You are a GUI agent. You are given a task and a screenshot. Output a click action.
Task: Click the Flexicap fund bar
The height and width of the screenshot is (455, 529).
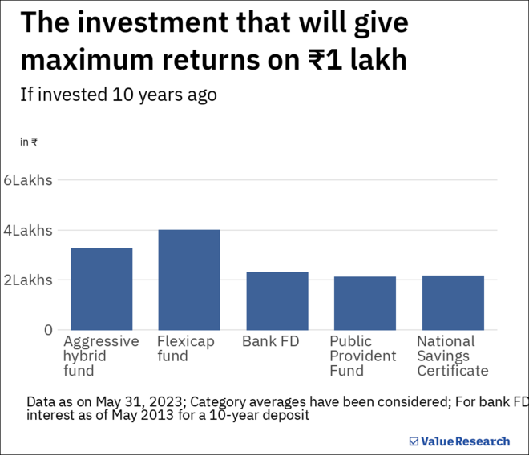pos(189,280)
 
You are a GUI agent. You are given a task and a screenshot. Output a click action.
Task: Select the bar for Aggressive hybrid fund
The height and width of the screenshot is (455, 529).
pos(102,289)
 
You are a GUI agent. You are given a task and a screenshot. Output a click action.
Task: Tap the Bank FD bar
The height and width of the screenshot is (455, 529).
pos(277,301)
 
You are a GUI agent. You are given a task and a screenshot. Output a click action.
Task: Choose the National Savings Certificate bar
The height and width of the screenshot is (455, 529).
pos(453,303)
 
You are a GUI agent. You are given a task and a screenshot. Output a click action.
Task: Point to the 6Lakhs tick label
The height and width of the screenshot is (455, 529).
pos(28,180)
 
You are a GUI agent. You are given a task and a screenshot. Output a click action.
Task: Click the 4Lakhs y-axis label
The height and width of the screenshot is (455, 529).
pos(28,231)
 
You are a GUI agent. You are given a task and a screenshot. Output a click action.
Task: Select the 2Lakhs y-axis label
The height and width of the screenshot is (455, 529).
pos(28,280)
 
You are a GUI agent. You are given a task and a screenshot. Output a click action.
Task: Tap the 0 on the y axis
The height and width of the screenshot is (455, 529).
pos(48,330)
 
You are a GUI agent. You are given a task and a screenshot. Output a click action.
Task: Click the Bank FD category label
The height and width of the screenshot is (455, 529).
pos(270,342)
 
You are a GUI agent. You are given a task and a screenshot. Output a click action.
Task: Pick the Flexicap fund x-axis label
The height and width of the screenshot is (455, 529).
pos(186,348)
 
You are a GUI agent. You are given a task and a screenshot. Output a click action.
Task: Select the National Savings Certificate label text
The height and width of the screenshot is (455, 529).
pos(452,356)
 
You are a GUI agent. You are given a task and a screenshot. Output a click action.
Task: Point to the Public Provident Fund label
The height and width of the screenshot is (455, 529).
pos(362,356)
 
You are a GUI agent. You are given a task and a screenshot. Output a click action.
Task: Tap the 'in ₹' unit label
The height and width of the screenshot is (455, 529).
pos(29,142)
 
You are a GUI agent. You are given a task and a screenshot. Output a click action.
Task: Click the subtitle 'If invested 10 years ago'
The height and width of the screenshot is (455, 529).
pos(118,94)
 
